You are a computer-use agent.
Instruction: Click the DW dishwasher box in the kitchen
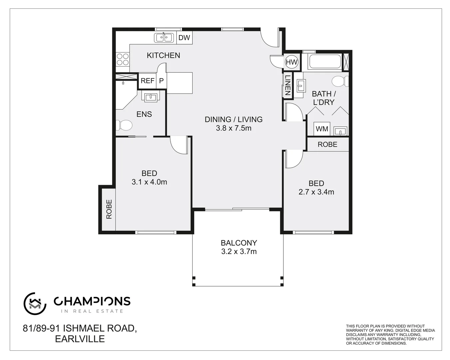coord(184,38)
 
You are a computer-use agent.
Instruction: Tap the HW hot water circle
coord(291,62)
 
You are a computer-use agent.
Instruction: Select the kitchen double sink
coord(164,38)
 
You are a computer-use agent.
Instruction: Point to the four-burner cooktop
coord(122,59)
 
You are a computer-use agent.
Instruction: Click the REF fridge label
coord(147,81)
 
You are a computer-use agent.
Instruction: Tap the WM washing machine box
coord(322,129)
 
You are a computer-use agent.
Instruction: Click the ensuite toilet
coord(124,126)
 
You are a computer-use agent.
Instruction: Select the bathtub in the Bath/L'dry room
coord(325,62)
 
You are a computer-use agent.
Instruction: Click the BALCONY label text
coord(239,243)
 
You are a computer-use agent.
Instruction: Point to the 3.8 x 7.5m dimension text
coord(233,128)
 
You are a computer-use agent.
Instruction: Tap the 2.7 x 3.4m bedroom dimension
coord(316,192)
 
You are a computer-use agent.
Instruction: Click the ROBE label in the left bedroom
coord(109,209)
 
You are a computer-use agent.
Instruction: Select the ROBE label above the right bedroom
coord(327,144)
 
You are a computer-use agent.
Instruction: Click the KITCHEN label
coord(163,55)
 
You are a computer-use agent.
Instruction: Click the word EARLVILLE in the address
coord(80,339)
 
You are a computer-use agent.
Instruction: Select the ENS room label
coord(144,114)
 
